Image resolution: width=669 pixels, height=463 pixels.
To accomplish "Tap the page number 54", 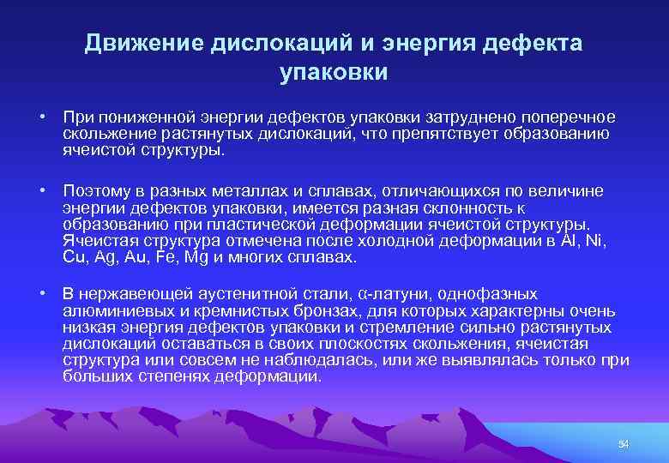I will pyautogui.click(x=624, y=443).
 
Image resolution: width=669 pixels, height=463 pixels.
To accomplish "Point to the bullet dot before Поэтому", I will pyautogui.click(x=41, y=189).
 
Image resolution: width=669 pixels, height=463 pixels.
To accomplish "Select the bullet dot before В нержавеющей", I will pyautogui.click(x=41, y=294).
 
